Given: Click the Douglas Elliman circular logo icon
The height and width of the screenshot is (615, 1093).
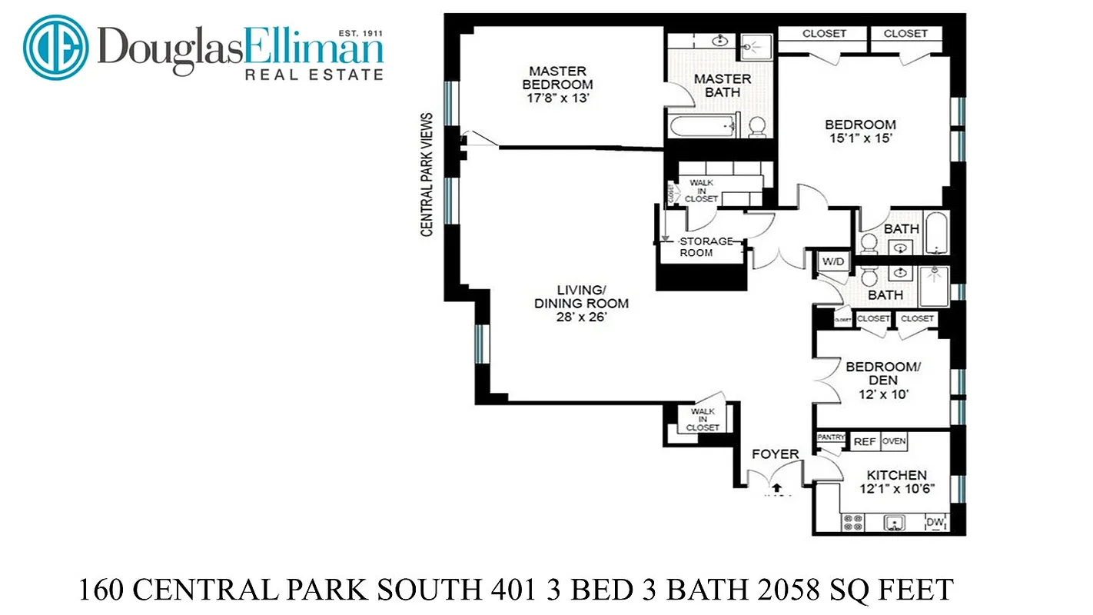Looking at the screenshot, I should click(x=56, y=47).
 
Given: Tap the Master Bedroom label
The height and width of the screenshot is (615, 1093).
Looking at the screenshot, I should click(x=557, y=77).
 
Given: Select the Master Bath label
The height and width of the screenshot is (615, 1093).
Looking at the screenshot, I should click(x=723, y=85).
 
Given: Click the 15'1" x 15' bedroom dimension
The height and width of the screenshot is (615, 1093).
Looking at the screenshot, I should click(x=860, y=139).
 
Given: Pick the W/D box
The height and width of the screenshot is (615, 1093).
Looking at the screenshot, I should click(x=832, y=261).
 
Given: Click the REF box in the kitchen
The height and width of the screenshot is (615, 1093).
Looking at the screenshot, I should click(x=865, y=441).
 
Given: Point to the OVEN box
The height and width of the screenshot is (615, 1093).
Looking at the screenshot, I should click(x=893, y=441).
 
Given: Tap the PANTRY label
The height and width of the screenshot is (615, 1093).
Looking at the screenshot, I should click(x=831, y=437).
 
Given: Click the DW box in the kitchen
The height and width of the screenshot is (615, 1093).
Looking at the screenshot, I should click(x=935, y=523).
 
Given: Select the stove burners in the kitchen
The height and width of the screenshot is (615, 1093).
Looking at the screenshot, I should click(x=853, y=523).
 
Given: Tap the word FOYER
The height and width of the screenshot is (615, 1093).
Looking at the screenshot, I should click(x=775, y=454).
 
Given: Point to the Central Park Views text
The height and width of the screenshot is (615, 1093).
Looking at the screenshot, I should click(x=427, y=175).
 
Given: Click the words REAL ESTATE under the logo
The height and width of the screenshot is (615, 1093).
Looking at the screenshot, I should click(x=314, y=75).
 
